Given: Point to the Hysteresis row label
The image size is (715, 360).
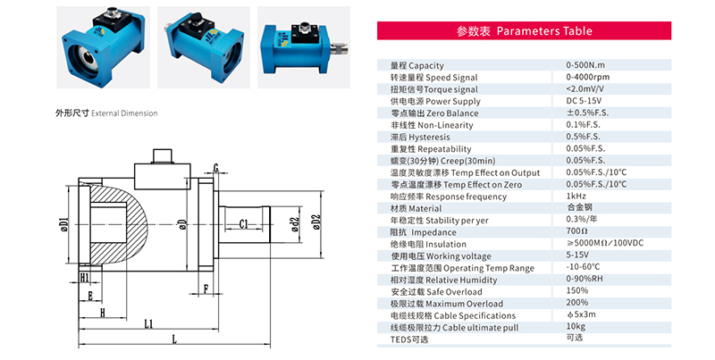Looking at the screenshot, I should coord(420,137).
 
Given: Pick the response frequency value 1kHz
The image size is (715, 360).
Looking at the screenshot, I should coord(576,196).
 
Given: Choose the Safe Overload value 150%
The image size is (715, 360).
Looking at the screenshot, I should coord(577,291).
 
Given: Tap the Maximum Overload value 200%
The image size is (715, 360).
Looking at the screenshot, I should coord(577,303).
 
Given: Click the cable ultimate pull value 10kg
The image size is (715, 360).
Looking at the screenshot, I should coord(576,327).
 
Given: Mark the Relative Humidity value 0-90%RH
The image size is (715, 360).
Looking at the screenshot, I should coord(586,279).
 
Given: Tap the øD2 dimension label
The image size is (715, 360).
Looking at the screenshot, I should coord(315,221).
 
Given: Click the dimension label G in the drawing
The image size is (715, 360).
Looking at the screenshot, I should coord(216,168).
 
